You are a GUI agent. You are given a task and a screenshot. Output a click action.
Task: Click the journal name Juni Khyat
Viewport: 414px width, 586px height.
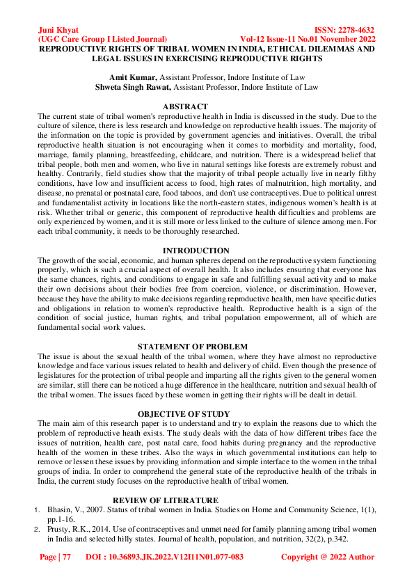pyautogui.click(x=58, y=31)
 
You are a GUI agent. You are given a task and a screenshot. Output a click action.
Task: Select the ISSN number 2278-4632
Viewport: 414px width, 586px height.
pyautogui.click(x=353, y=31)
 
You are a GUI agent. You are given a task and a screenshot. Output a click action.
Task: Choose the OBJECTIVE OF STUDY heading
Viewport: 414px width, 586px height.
pyautogui.click(x=184, y=413)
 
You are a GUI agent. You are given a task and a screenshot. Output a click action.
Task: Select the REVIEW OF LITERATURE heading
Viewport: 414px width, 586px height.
pyautogui.click(x=166, y=500)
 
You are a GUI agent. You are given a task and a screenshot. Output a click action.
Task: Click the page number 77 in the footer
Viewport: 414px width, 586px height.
pyautogui.click(x=66, y=557)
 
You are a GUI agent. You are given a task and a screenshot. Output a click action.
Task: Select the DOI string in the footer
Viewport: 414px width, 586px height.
pyautogui.click(x=164, y=557)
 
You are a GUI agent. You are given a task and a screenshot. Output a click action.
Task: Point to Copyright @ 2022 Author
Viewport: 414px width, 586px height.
pyautogui.click(x=327, y=557)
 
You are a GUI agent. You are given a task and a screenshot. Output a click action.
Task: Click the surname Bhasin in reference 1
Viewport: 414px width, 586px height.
pyautogui.click(x=61, y=510)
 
